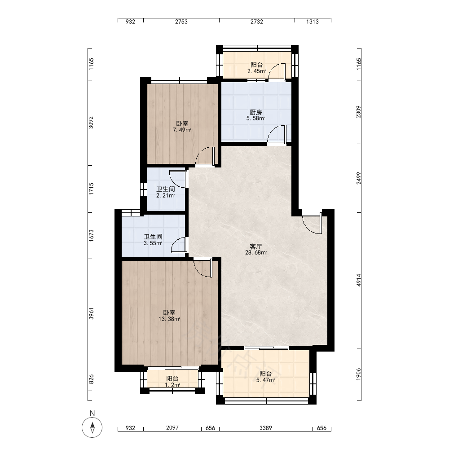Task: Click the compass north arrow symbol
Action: (x=92, y=427)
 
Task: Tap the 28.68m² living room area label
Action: (x=256, y=252)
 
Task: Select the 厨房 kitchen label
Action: (x=256, y=112)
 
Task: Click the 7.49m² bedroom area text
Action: (x=182, y=130)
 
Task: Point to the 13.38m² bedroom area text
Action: (x=169, y=319)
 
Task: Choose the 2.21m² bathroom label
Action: (x=166, y=196)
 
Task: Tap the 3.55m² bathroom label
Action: (x=153, y=243)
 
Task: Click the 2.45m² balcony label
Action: (x=256, y=71)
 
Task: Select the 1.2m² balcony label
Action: (x=172, y=385)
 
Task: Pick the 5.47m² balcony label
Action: (x=266, y=380)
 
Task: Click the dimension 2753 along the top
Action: (x=181, y=22)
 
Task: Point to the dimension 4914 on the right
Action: (x=359, y=280)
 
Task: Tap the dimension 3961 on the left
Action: (x=91, y=313)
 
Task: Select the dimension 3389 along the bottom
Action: (x=266, y=428)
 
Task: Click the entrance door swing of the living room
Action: (x=313, y=224)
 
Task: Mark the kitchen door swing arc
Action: (x=276, y=133)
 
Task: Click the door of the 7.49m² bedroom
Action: (x=205, y=156)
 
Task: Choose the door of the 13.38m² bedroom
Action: (x=203, y=268)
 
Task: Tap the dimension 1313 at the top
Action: (x=313, y=22)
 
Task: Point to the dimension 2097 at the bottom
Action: (x=172, y=428)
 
